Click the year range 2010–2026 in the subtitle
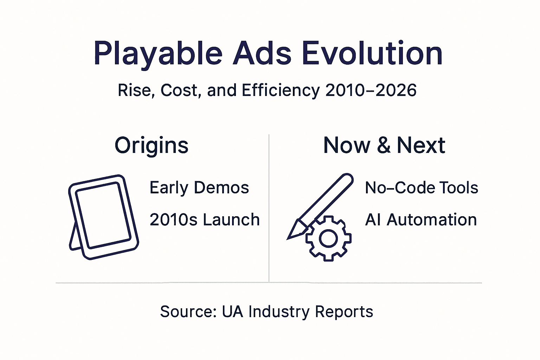pos(371,90)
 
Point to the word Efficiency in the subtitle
pos(281,90)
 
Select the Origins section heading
pos(152,146)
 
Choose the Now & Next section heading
pos(384,146)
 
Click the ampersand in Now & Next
pos(384,146)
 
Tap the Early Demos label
pos(199,188)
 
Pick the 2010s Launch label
pos(204,220)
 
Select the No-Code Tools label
pos(422,188)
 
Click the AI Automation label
pos(421,220)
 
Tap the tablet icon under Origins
pos(103,216)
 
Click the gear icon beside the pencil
pos(328,239)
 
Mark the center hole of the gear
pos(328,239)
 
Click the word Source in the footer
pos(188,312)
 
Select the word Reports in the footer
pos(344,312)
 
